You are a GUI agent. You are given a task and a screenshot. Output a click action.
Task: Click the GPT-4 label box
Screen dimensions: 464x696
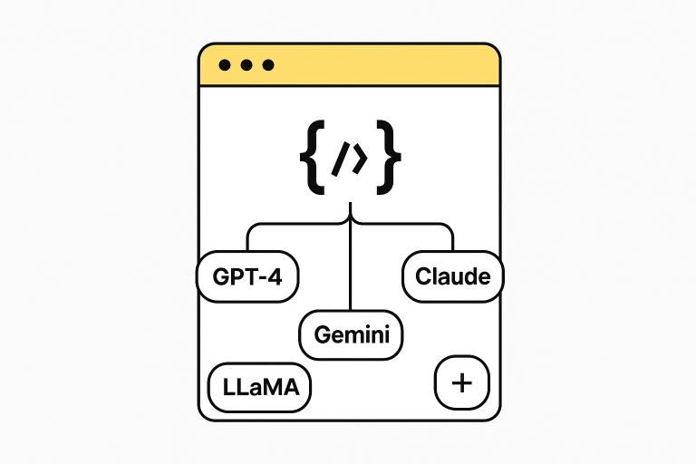click(247, 276)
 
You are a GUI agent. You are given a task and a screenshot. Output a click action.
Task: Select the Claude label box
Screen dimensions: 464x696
click(453, 276)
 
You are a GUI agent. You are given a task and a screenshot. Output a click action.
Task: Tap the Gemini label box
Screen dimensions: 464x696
click(351, 334)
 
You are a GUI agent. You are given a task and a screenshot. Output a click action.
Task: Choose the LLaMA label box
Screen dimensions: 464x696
click(260, 388)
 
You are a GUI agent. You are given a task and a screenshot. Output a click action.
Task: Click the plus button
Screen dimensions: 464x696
click(462, 382)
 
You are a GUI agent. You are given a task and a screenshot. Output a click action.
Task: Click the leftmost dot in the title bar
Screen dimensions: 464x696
click(226, 66)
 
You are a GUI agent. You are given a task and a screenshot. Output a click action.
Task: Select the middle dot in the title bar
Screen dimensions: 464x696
click(246, 66)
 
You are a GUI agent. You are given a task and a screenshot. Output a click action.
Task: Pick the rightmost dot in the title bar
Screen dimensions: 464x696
click(267, 66)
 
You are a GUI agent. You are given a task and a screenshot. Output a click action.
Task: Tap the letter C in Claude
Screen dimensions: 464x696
click(423, 276)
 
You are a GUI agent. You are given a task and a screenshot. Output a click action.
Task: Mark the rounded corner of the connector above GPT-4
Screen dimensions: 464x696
click(250, 228)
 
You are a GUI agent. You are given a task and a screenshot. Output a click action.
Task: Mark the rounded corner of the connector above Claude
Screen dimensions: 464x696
click(449, 228)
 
